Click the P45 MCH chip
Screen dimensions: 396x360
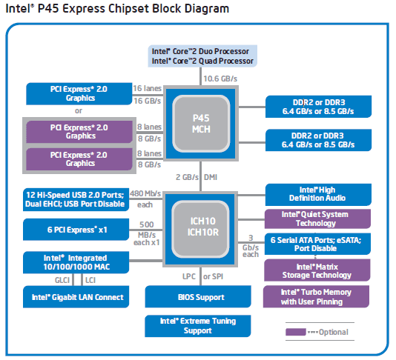click(201, 124)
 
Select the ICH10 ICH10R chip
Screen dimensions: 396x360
click(200, 229)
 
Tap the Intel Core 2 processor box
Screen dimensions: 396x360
click(202, 56)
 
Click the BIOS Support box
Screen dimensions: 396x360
click(198, 297)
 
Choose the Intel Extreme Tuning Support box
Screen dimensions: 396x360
click(198, 326)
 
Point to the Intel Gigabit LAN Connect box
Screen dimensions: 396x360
click(76, 297)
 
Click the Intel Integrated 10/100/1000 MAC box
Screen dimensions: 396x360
click(76, 263)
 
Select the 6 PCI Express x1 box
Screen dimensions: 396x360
click(76, 230)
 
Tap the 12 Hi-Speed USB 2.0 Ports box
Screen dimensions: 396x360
click(76, 199)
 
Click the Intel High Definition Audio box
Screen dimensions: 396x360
click(318, 195)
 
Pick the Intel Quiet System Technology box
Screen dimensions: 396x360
click(317, 219)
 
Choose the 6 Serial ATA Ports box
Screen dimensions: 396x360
click(317, 244)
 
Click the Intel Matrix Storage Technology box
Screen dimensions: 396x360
click(317, 270)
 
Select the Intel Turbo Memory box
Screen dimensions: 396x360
click(316, 297)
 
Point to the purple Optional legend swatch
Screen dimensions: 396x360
click(296, 332)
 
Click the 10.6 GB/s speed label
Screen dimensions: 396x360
click(220, 79)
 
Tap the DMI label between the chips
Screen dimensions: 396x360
click(211, 177)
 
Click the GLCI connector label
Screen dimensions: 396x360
click(62, 280)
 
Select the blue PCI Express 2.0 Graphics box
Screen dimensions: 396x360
click(79, 93)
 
